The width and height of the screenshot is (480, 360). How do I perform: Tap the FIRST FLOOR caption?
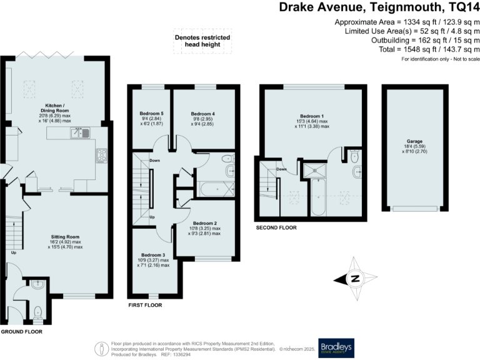(144, 306)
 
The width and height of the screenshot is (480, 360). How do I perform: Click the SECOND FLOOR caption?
(276, 228)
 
